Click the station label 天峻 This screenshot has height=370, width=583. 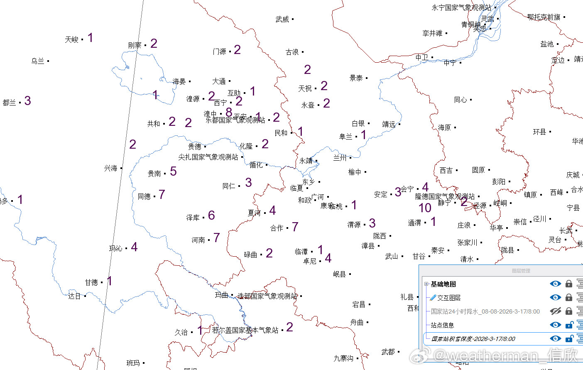pyautogui.click(x=71, y=39)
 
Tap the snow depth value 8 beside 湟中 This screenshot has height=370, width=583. pyautogui.click(x=229, y=112)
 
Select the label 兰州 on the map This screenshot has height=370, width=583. pyautogui.click(x=340, y=158)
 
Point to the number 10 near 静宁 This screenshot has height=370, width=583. pyautogui.click(x=425, y=208)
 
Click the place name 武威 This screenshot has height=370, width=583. pyautogui.click(x=282, y=19)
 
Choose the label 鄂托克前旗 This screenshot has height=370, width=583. pyautogui.click(x=544, y=17)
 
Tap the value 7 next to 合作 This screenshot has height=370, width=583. pyautogui.click(x=295, y=227)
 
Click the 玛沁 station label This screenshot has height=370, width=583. pyautogui.click(x=115, y=248)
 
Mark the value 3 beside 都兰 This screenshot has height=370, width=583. pyautogui.click(x=27, y=101)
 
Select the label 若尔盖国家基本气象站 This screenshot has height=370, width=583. pyautogui.click(x=245, y=330)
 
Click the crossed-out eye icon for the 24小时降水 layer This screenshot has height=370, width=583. pyautogui.click(x=555, y=311)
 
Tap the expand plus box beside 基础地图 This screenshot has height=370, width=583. pyautogui.click(x=426, y=284)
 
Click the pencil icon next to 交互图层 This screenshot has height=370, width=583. pyautogui.click(x=433, y=297)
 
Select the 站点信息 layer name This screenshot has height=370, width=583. pyautogui.click(x=442, y=325)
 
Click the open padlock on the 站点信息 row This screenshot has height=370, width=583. pyautogui.click(x=569, y=325)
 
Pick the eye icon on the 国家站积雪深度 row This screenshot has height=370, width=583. pyautogui.click(x=555, y=338)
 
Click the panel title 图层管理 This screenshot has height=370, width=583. pyautogui.click(x=521, y=271)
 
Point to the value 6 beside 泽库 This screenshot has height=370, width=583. pyautogui.click(x=211, y=215)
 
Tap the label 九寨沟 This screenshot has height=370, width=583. pyautogui.click(x=343, y=358)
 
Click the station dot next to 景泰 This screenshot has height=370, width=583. pyautogui.click(x=367, y=78)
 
